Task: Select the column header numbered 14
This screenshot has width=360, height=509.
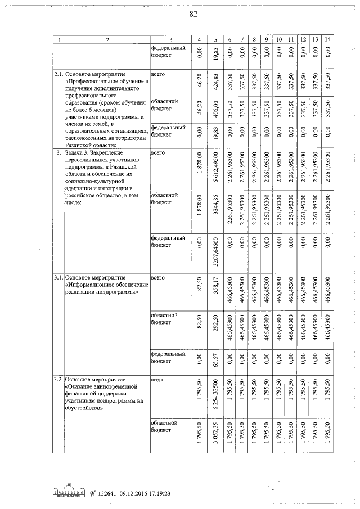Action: click(328, 39)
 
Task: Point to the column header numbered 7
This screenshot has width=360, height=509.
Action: click(241, 39)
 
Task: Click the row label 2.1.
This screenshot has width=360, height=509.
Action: click(58, 74)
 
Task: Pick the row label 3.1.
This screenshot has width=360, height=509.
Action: click(58, 278)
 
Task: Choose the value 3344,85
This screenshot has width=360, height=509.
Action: click(214, 210)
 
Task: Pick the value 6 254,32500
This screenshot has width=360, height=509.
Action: click(214, 395)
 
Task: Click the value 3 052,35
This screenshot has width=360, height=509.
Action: click(214, 435)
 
